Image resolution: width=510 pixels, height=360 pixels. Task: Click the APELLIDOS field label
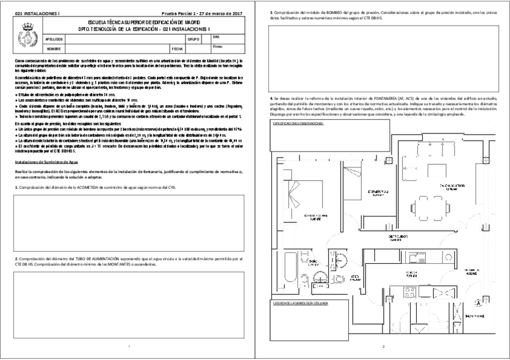tap(55, 38)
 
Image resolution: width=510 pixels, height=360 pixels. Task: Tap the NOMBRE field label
tap(54, 48)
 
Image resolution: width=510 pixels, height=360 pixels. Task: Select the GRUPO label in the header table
tap(193, 38)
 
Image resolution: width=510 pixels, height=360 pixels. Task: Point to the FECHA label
tap(177, 48)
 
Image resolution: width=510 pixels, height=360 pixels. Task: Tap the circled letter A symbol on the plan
tap(478, 302)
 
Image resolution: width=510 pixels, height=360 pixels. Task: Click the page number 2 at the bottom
tap(382, 347)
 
